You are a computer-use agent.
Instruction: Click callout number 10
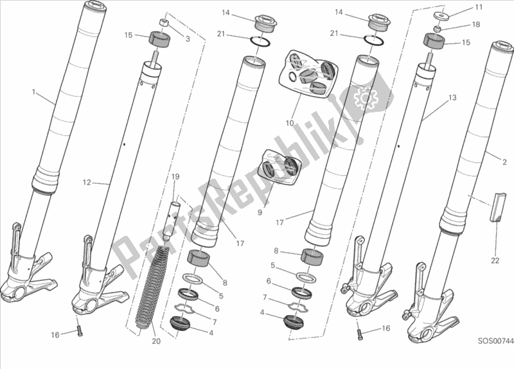point(290,123)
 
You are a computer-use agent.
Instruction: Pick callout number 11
point(477,7)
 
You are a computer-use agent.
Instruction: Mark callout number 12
point(87,183)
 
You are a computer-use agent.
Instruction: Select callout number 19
point(173,176)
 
